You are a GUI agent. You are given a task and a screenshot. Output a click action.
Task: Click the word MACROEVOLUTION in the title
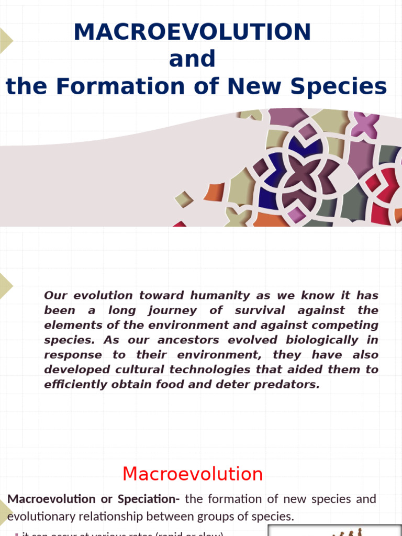click(192, 32)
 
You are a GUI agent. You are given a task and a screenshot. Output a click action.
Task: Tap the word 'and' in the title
click(192, 59)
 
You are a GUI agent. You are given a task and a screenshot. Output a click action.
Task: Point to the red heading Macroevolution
click(192, 474)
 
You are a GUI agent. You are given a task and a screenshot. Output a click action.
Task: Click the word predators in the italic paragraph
click(284, 384)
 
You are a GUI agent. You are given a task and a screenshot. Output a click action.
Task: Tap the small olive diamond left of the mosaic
click(184, 199)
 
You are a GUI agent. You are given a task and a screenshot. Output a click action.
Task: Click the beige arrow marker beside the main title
click(5, 40)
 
